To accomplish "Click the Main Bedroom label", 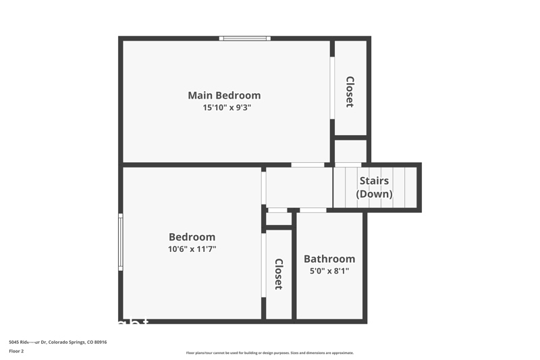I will point(224,95).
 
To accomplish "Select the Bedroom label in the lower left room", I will point(192,237).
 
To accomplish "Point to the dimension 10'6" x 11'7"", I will point(192,249).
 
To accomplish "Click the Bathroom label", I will point(329,259).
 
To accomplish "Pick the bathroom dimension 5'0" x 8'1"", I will point(329,272).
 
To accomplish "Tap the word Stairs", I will point(374,180).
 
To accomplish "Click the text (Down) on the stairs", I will point(374,194).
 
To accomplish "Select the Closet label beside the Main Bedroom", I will point(350,92).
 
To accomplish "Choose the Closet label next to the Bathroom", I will point(278,274).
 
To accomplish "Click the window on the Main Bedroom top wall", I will point(245,38).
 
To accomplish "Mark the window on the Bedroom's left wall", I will point(121,242).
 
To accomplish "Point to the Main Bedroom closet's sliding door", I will point(332,88).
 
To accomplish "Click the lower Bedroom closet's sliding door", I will point(263,265).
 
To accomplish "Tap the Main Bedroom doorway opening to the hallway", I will point(307,165).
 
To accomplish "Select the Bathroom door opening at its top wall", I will point(313,210).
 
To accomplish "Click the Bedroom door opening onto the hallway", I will point(263,186).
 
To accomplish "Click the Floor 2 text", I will point(16,351).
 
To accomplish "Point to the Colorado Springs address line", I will point(58,342).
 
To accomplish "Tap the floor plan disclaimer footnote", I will point(269,353).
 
